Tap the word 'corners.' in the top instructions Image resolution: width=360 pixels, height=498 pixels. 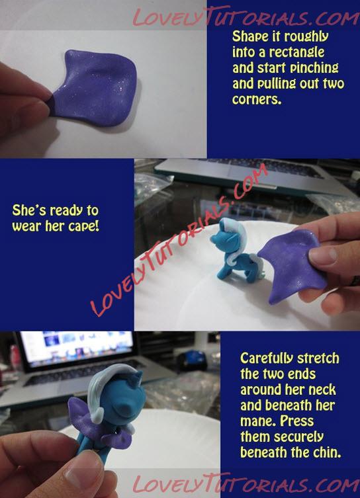[x=257, y=99]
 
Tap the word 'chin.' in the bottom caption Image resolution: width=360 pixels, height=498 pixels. [x=328, y=452]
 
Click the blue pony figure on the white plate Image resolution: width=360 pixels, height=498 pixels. [x=235, y=251]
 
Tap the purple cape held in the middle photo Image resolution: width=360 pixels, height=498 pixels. [x=292, y=266]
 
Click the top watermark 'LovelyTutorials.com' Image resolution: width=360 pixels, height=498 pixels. [x=246, y=17]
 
